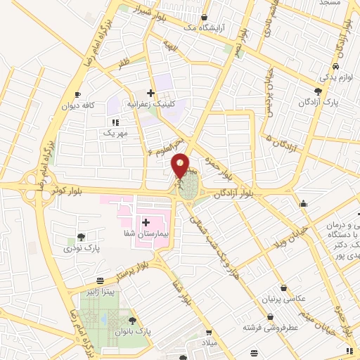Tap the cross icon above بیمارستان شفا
point(146,223)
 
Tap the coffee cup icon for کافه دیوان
point(77,94)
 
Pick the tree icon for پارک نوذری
point(82,237)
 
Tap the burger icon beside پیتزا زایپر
point(102,280)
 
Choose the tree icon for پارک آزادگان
point(319,91)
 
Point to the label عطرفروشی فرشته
point(271,327)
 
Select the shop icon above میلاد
point(208,333)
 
